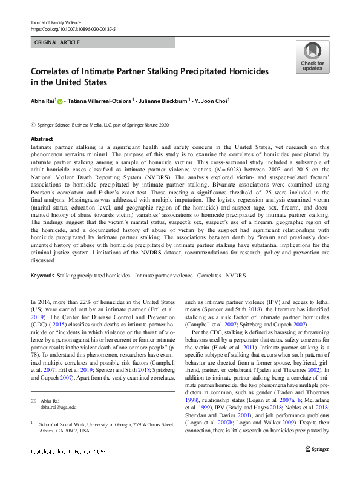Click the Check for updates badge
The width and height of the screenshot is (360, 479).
point(312,58)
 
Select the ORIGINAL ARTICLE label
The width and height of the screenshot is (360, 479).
point(57,43)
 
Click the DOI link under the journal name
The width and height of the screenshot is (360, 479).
point(73,28)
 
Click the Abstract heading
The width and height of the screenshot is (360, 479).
point(42,139)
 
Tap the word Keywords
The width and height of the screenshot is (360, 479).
point(42,276)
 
